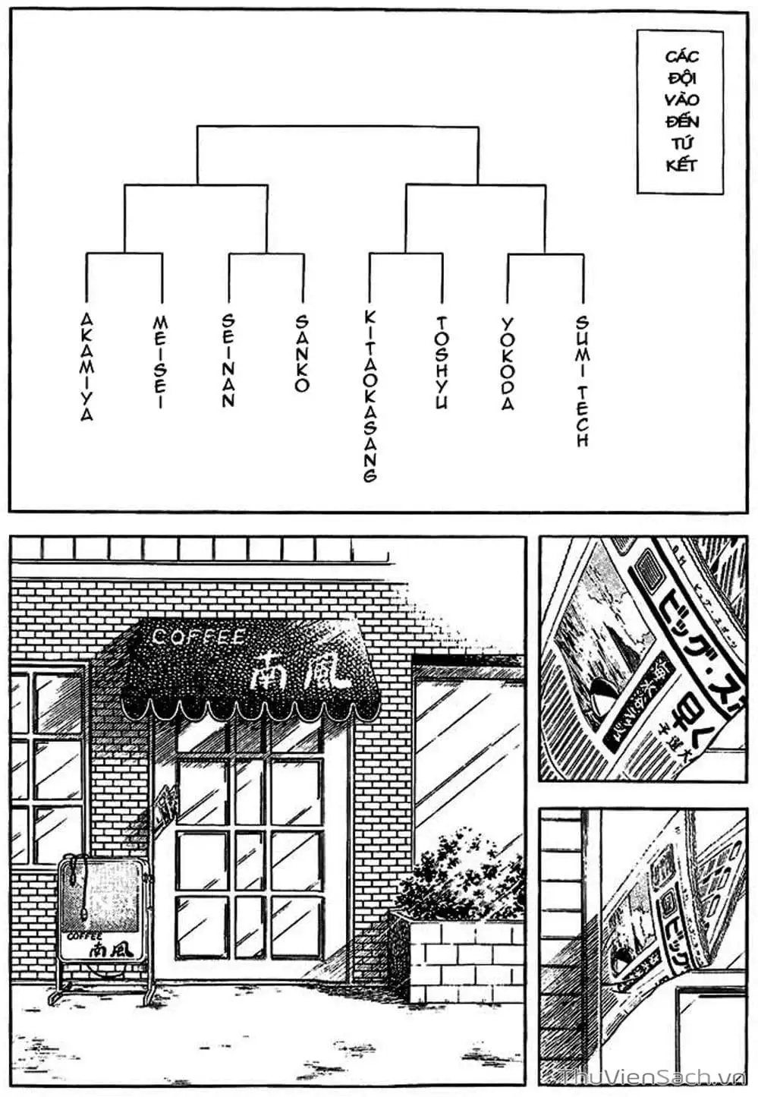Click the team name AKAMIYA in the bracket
(86, 366)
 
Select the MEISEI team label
(160, 362)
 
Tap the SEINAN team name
(228, 361)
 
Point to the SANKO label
(302, 354)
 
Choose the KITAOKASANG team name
(370, 396)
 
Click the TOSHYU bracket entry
(442, 363)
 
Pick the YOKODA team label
(508, 364)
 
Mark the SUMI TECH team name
(582, 381)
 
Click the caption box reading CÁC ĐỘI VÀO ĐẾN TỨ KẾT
(681, 111)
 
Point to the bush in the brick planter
(461, 872)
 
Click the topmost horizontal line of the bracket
(337, 127)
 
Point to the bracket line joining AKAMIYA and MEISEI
(124, 254)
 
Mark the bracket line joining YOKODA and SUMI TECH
(545, 254)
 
